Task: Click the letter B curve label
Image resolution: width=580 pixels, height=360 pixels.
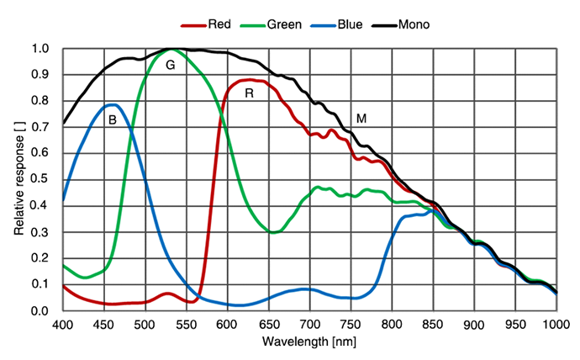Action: click(x=112, y=120)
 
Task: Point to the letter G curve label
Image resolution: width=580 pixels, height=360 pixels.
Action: click(x=170, y=65)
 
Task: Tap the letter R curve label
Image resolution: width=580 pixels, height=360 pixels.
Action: click(x=249, y=93)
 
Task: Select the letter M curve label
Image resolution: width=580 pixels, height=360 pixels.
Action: click(x=361, y=119)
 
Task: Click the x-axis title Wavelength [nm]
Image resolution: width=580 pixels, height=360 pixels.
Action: click(x=309, y=342)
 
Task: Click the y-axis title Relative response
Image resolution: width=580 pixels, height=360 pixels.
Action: click(x=18, y=178)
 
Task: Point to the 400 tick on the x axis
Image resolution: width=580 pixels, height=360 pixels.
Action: click(x=63, y=324)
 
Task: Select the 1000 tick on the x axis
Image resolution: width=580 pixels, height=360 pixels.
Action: click(x=556, y=324)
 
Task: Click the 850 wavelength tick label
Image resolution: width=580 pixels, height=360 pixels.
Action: click(x=434, y=324)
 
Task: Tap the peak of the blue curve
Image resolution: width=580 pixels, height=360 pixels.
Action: click(x=112, y=104)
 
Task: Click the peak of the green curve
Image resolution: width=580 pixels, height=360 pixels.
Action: click(x=171, y=49)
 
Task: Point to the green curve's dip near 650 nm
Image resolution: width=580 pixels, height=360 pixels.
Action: click(x=272, y=232)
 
